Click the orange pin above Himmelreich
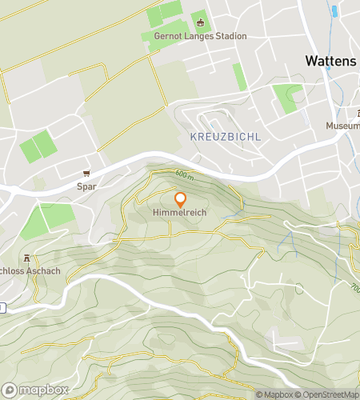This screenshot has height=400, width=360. pyautogui.click(x=180, y=199)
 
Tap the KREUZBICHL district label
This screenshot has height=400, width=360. pyautogui.click(x=226, y=137)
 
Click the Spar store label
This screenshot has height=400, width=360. pyautogui.click(x=86, y=186)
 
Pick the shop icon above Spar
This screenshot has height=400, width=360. pyautogui.click(x=86, y=174)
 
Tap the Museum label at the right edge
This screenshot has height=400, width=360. pyautogui.click(x=342, y=126)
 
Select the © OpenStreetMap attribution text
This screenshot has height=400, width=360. pyautogui.click(x=329, y=394)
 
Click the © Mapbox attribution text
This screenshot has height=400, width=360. pyautogui.click(x=274, y=394)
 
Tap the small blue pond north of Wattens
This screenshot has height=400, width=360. pyautogui.click(x=334, y=11)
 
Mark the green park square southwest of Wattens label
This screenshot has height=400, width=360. pyautogui.click(x=286, y=98)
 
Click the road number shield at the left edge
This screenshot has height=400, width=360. pyautogui.click(x=2, y=308)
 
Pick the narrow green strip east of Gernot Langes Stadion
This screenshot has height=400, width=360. pyautogui.click(x=239, y=77)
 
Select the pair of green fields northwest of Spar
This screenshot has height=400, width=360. pyautogui.click(x=38, y=146)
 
